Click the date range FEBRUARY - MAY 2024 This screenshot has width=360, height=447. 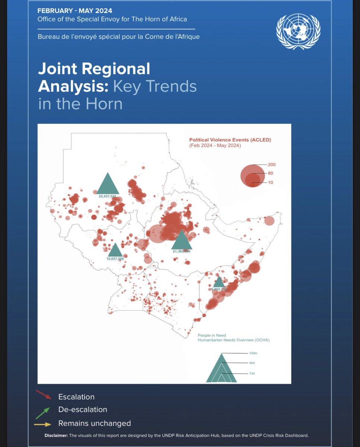pos(75,11)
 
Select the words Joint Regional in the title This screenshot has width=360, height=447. pos(94,69)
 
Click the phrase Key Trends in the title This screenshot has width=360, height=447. pos(155,86)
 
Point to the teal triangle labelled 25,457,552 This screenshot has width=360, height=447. pos(108,183)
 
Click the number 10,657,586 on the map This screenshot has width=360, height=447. pos(115,259)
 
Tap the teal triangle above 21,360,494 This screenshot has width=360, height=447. pos(181,240)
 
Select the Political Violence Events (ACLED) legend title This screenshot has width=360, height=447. pos(230,140)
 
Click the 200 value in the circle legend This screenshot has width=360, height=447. pos(272,165)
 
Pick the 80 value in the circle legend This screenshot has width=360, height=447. pos(271,173)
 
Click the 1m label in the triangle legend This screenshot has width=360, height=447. pos(252,373)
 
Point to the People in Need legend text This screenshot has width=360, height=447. pos(212,336)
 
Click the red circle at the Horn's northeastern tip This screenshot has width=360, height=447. pos(269,221)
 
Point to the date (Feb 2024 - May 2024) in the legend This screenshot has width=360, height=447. pos(215,145)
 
